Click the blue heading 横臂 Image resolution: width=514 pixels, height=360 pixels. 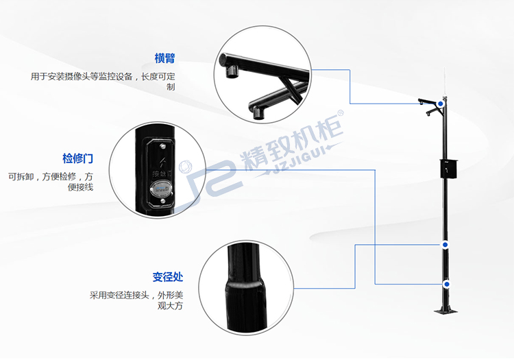click(165, 58)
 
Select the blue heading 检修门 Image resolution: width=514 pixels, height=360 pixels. click(77, 158)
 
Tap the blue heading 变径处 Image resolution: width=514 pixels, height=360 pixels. click(167, 277)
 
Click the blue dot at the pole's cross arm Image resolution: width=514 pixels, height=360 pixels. click(441, 104)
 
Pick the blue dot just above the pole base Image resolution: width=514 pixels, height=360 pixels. click(447, 285)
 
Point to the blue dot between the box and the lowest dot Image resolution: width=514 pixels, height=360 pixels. click(445, 245)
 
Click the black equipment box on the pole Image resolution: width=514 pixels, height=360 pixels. click(448, 168)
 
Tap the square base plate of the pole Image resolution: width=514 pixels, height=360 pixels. click(446, 311)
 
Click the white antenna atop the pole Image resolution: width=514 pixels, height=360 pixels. click(444, 82)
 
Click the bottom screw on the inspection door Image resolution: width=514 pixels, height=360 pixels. click(162, 201)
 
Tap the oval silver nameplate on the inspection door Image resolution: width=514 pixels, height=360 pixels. click(161, 189)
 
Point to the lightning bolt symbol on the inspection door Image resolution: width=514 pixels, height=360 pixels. click(162, 162)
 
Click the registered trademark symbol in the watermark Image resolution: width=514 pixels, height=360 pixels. click(340, 112)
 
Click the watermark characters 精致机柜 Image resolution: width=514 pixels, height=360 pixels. click(292, 141)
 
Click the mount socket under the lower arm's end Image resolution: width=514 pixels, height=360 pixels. click(259, 112)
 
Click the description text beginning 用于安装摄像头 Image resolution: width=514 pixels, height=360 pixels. click(103, 82)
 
